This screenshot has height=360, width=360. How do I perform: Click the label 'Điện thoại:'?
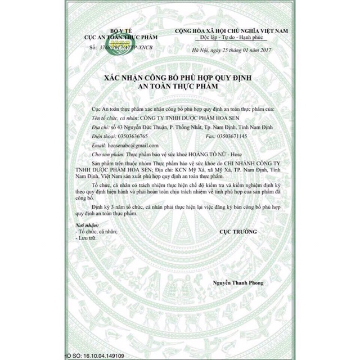tap(102, 136)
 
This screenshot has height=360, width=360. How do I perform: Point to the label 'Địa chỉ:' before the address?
tap(100, 128)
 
